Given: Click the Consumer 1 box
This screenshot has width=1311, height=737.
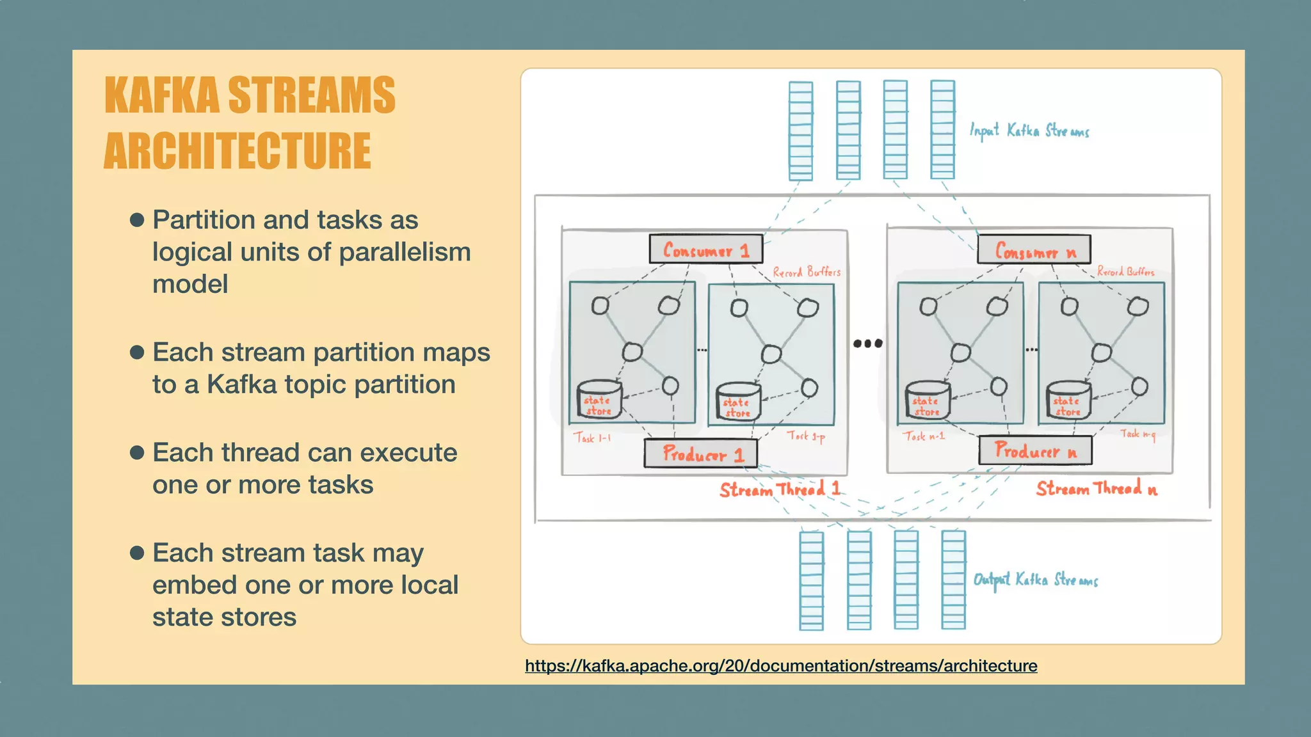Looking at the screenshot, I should click(x=705, y=250).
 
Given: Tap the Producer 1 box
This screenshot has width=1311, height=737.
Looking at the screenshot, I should click(x=701, y=454).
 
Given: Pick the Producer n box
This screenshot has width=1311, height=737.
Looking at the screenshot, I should click(x=1035, y=452).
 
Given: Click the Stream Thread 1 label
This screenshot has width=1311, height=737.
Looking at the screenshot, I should click(x=779, y=490).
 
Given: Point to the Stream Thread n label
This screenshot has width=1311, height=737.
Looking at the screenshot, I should click(x=1097, y=489).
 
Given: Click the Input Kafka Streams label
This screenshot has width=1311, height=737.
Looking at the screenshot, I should click(x=1029, y=131).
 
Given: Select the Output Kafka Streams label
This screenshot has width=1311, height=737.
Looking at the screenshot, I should click(x=1035, y=580).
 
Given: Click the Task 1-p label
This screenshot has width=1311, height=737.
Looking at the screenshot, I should click(x=805, y=436).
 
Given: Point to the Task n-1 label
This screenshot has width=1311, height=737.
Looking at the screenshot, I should click(x=924, y=436).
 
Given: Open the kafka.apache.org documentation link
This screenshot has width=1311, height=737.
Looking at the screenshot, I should click(x=781, y=666).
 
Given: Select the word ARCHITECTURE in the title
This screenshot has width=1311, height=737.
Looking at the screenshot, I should click(x=237, y=151).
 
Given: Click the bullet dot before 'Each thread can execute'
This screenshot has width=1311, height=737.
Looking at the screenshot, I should click(x=137, y=453).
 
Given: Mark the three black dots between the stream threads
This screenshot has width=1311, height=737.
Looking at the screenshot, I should click(x=868, y=344).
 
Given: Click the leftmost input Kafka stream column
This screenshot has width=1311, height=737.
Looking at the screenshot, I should click(x=801, y=131).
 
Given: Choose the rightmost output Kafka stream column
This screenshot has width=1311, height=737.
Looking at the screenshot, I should click(x=953, y=580).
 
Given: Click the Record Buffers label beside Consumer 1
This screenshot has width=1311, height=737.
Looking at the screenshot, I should click(x=806, y=272).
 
